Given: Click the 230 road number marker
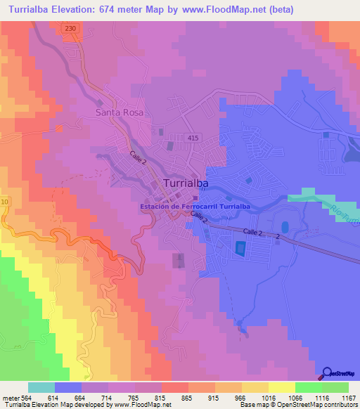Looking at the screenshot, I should (x=68, y=28).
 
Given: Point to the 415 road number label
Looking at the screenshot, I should (x=193, y=138).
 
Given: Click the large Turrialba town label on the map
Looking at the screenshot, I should (x=189, y=183).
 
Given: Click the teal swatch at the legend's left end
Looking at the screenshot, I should (x=41, y=387).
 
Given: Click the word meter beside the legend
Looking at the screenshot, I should (x=12, y=397).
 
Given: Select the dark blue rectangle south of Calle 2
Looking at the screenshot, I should (x=240, y=249).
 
